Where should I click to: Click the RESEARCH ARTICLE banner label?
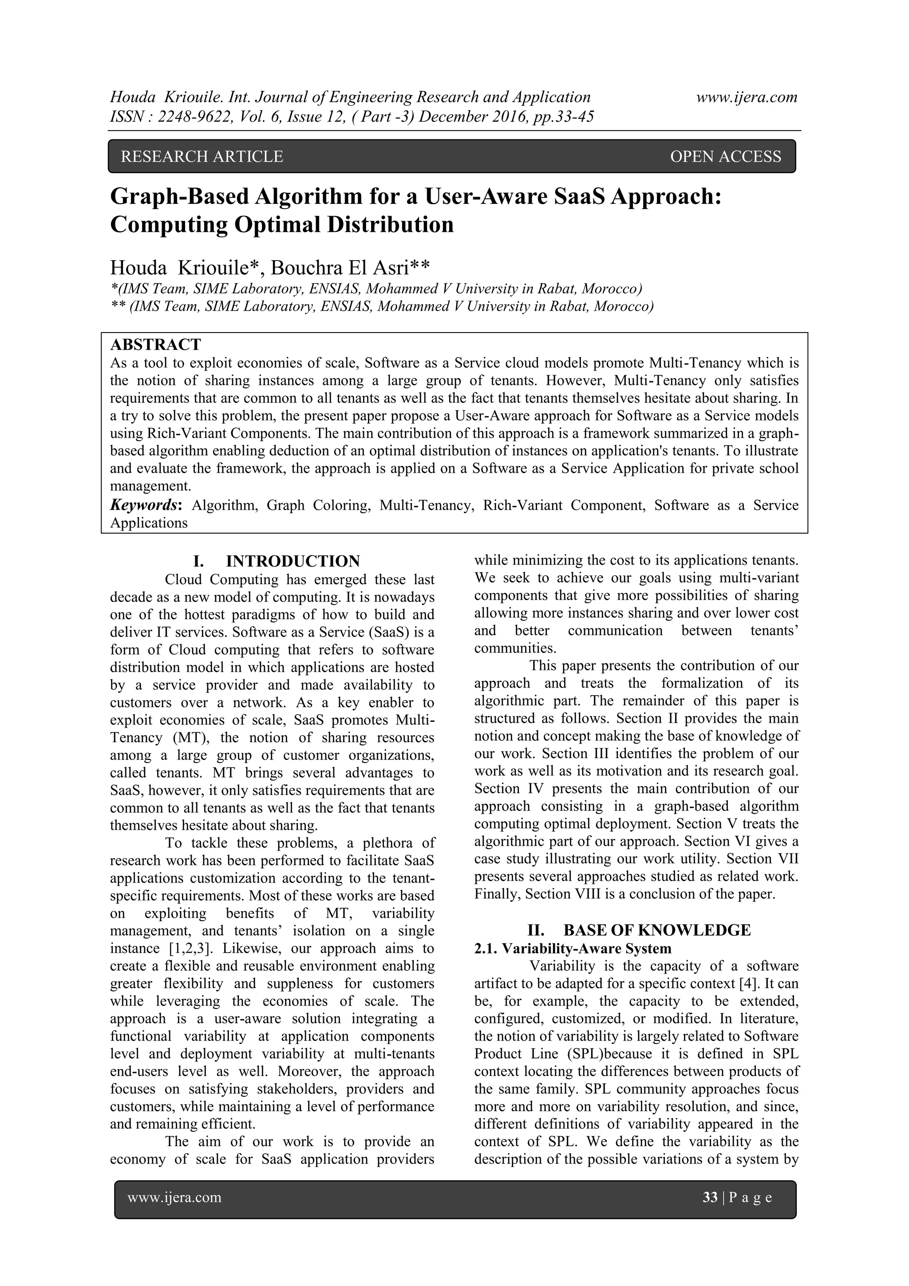point(202,157)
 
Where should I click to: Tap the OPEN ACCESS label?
point(725,157)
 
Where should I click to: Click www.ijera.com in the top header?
point(747,98)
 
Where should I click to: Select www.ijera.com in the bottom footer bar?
point(175,1198)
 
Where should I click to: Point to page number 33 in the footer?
point(710,1198)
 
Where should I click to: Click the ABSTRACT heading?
point(156,344)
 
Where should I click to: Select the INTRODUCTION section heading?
point(293,561)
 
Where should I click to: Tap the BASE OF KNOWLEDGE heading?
point(657,930)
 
